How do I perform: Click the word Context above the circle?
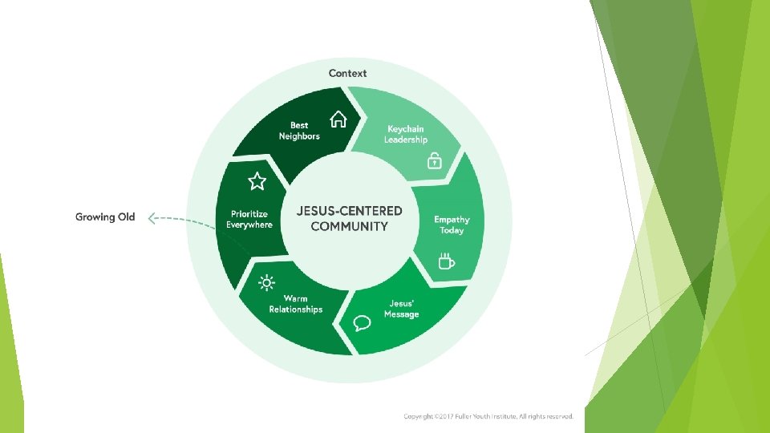point(347,73)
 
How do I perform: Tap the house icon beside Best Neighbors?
point(338,119)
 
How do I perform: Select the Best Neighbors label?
point(299,131)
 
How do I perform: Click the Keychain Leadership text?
point(406,134)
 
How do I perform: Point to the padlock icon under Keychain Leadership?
point(433,160)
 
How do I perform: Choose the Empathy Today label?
point(452,225)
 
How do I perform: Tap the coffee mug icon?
point(446,261)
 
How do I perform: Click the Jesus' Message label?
point(401,309)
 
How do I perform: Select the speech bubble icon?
point(363,323)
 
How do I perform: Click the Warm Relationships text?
point(295,304)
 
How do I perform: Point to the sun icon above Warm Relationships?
point(266,282)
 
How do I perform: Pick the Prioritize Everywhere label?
point(249,220)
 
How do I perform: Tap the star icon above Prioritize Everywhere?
point(257,181)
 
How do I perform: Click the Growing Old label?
point(105,216)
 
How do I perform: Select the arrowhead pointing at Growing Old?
point(153,216)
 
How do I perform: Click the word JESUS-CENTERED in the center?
point(350,211)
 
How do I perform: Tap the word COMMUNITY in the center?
point(350,226)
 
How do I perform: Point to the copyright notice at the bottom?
point(488,417)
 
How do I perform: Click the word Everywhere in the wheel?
point(249,225)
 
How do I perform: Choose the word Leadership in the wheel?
point(406,140)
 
